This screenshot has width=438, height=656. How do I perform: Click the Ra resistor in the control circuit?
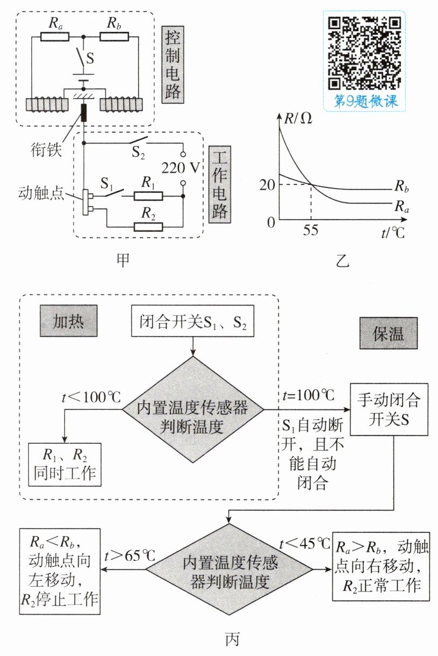(55, 37)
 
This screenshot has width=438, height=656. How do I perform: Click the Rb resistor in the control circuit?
(114, 37)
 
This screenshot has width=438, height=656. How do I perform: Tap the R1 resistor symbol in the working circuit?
(148, 196)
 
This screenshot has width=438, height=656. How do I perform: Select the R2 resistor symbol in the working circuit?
(148, 227)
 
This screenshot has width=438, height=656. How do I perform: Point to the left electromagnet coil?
(47, 105)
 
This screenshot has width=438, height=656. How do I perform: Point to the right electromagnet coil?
(121, 105)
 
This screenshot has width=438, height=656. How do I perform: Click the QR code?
(364, 53)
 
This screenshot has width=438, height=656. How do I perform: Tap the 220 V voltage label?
(181, 168)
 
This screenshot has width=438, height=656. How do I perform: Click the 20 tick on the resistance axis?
(267, 184)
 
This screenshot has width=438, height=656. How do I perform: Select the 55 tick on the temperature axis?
(311, 230)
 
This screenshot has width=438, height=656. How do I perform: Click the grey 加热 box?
(69, 321)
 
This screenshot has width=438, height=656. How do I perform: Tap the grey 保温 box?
(389, 333)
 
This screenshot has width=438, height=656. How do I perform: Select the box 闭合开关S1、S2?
(192, 321)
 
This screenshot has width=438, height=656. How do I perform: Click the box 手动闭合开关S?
(389, 409)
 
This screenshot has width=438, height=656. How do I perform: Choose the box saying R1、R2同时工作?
(64, 465)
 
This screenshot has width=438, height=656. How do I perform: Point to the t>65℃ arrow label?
(130, 555)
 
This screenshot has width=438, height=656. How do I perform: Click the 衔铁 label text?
(46, 150)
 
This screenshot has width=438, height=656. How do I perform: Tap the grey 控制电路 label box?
(173, 65)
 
